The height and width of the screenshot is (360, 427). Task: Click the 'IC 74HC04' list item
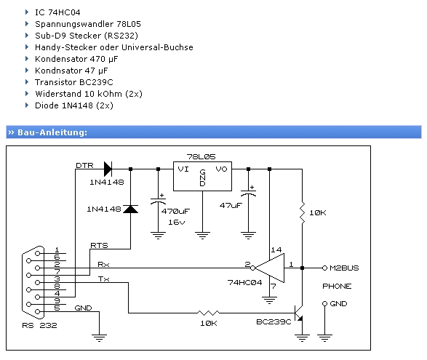click(x=57, y=12)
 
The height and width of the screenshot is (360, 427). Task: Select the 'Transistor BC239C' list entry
click(x=73, y=82)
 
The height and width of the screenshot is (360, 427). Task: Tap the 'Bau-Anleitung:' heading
click(x=52, y=132)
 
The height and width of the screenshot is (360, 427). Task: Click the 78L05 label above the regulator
click(x=201, y=157)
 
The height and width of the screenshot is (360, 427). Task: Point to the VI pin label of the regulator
click(x=183, y=169)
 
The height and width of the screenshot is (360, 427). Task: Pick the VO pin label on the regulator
click(x=221, y=169)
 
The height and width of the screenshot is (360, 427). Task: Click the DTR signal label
click(x=84, y=165)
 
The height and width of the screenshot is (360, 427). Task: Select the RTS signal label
click(x=99, y=245)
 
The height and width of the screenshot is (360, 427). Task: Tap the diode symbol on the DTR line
click(x=108, y=169)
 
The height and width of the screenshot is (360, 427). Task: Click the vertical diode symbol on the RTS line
click(x=131, y=209)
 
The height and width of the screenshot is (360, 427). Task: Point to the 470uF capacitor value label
click(x=175, y=212)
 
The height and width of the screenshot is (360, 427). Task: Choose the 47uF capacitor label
click(x=231, y=206)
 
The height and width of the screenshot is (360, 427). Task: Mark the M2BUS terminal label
click(x=344, y=268)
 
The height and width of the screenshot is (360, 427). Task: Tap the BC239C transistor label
click(x=274, y=322)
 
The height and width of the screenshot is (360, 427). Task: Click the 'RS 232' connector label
click(x=39, y=326)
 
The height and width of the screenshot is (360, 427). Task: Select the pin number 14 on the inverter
click(x=276, y=249)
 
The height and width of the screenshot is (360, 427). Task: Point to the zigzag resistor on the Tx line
click(x=208, y=313)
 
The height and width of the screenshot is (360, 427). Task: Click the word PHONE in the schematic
click(x=337, y=287)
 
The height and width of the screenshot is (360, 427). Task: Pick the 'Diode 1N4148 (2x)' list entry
click(x=74, y=105)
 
